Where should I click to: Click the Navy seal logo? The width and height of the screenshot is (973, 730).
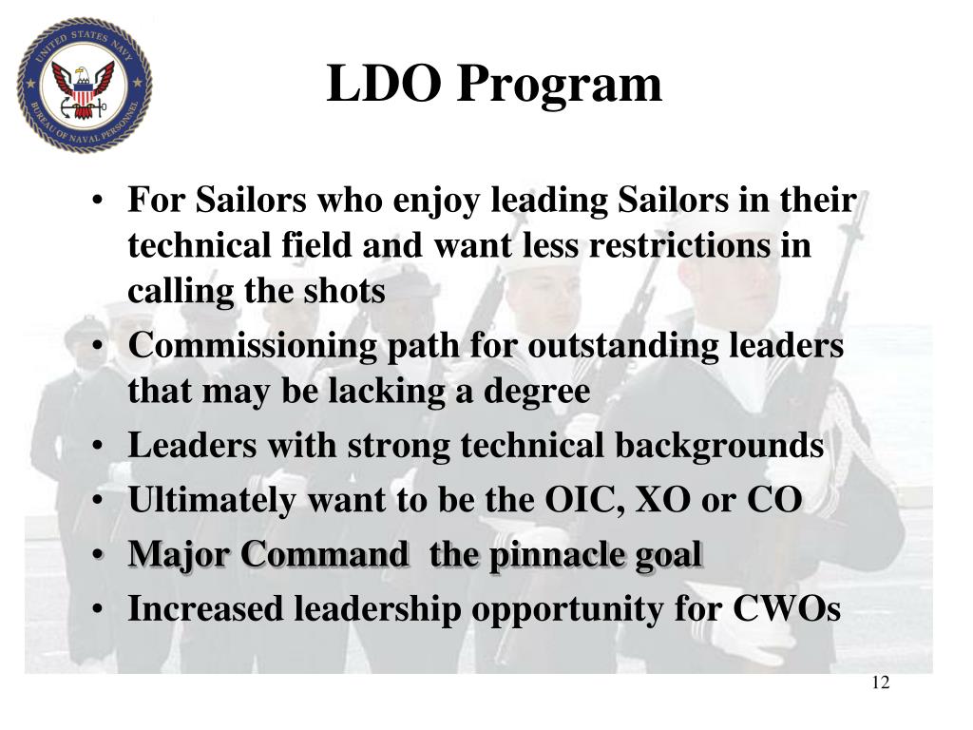[84, 86]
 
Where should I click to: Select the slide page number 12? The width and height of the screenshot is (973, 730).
[880, 684]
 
